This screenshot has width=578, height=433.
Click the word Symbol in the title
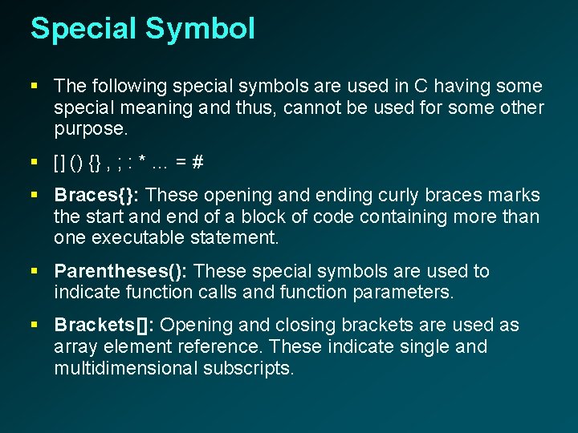pyautogui.click(x=200, y=29)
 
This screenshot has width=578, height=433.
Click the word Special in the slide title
pyautogui.click(x=83, y=29)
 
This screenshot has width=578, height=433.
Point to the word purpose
pyautogui.click(x=88, y=128)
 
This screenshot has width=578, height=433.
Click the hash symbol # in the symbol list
pyautogui.click(x=197, y=162)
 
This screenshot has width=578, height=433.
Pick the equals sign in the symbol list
pyautogui.click(x=181, y=162)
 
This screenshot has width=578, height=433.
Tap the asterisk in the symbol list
pyautogui.click(x=142, y=162)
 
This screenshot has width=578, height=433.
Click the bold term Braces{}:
pyautogui.click(x=98, y=195)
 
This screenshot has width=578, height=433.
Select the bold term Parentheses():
pyautogui.click(x=121, y=271)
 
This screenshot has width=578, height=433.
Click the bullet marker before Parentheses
pyautogui.click(x=35, y=272)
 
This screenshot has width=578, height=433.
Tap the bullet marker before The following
pyautogui.click(x=35, y=86)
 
